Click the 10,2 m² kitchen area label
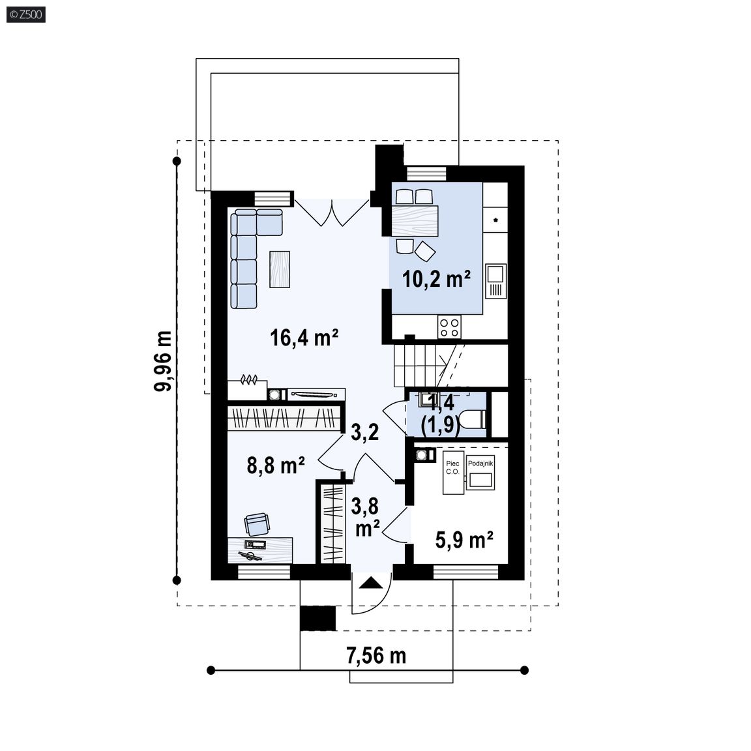pyautogui.click(x=436, y=279)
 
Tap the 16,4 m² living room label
pyautogui.click(x=304, y=337)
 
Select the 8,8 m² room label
pyautogui.click(x=276, y=465)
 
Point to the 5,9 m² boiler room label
pyautogui.click(x=464, y=540)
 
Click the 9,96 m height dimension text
pyautogui.click(x=164, y=361)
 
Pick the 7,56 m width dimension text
pyautogui.click(x=376, y=655)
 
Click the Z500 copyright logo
pyautogui.click(x=26, y=14)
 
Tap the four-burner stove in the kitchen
pyautogui.click(x=449, y=328)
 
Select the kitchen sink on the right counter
pyautogui.click(x=495, y=281)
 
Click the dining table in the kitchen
pyautogui.click(x=415, y=221)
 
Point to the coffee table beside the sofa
pyautogui.click(x=280, y=269)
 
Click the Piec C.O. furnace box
pyautogui.click(x=453, y=472)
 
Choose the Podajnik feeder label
pyautogui.click(x=480, y=463)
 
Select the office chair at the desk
pyautogui.click(x=257, y=524)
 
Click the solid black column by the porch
pyautogui.click(x=318, y=618)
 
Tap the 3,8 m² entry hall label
pyautogui.click(x=366, y=517)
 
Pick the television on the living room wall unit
pyautogui.click(x=316, y=394)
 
